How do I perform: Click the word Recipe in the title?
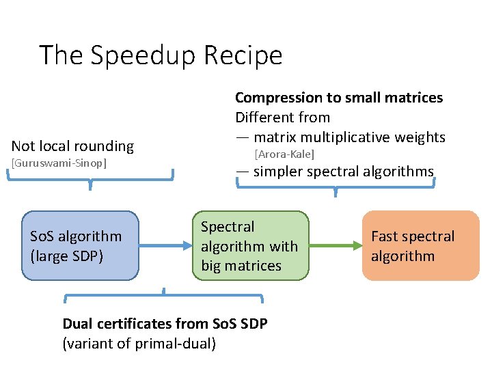247,55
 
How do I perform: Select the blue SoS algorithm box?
80,246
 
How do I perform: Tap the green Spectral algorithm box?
250,246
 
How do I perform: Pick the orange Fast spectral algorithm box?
420,246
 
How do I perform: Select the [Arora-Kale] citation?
284,154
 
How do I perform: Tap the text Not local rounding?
72,146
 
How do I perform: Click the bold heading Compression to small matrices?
339,98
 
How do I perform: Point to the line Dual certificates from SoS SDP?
165,323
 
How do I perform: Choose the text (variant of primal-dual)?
139,343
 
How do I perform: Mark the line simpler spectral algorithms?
342,172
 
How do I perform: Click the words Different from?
282,118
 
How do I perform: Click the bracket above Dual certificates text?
164,296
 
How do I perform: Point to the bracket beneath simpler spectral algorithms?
336,187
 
